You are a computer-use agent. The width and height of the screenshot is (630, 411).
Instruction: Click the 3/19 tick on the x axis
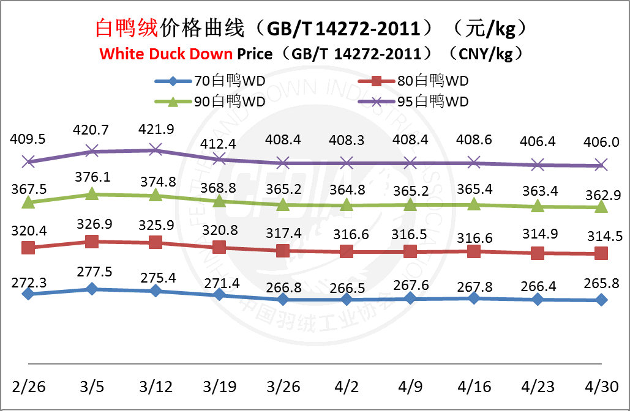click(x=219, y=387)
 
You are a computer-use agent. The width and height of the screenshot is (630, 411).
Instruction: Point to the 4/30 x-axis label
click(x=601, y=387)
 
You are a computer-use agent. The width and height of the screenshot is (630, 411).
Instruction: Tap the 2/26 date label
click(x=28, y=387)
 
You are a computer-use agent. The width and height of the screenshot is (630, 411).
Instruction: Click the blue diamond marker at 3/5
click(x=91, y=289)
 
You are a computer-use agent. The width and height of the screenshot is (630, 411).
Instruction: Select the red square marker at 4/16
click(x=474, y=251)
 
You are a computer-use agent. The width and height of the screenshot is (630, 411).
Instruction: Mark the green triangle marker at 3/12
click(x=156, y=195)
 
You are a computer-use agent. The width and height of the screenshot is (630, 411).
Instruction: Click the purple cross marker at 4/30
click(x=601, y=165)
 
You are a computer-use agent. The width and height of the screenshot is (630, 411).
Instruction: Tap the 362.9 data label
click(x=601, y=190)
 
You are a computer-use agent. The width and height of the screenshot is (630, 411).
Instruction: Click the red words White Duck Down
click(x=165, y=54)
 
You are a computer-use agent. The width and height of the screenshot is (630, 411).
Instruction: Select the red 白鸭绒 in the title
click(x=126, y=28)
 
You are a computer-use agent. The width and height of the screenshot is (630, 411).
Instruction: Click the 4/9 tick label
click(x=410, y=387)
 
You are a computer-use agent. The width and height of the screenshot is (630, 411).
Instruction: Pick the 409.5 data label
click(x=28, y=139)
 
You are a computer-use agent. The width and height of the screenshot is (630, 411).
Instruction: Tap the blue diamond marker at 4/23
click(x=538, y=299)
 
